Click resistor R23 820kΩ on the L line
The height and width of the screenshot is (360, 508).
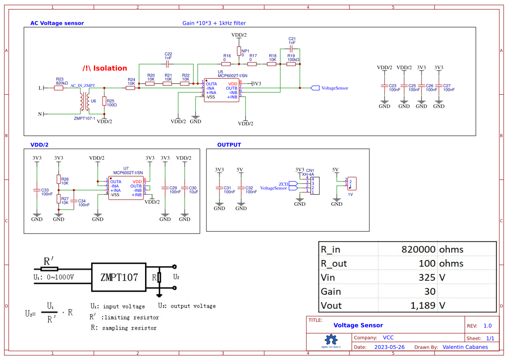click(59, 88)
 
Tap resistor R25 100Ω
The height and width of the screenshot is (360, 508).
click(104, 101)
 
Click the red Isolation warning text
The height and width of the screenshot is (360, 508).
click(105, 68)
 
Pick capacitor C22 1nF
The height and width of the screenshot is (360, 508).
click(168, 64)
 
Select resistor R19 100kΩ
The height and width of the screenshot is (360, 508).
click(291, 64)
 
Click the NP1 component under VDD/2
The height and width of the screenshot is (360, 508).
click(239, 51)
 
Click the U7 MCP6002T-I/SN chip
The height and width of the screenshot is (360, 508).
click(126, 188)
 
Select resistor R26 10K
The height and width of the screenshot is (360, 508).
click(59, 180)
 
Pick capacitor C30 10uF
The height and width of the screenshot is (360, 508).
click(185, 188)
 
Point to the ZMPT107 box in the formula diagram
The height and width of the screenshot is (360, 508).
click(119, 277)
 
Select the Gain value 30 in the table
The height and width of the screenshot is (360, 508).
click(429, 291)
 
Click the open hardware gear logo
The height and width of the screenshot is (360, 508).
click(331, 340)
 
